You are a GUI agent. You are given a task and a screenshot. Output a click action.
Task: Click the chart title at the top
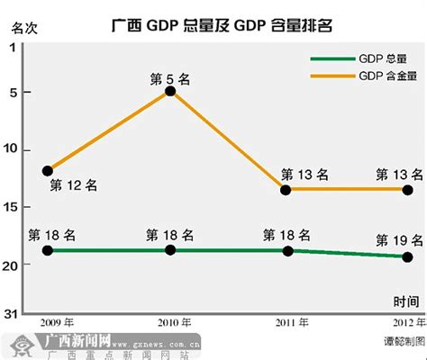point(222,25)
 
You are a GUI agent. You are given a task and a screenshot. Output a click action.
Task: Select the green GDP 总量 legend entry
point(360,60)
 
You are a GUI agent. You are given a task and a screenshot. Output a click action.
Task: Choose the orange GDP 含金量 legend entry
point(360,76)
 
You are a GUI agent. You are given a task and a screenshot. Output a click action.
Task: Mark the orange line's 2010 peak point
point(170,92)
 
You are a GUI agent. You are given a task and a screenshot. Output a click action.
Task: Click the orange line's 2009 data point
point(48,170)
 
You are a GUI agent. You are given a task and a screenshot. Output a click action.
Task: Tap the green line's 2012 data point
point(407,256)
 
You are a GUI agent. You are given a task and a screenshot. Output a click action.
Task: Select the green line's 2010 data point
point(170,250)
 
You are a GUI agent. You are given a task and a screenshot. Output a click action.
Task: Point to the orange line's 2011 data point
point(286,190)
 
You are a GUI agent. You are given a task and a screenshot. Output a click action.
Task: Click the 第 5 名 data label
point(170,78)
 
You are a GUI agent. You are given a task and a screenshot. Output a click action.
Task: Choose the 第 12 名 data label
point(73,185)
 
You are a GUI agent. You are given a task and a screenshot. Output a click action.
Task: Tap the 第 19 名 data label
point(398,239)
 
